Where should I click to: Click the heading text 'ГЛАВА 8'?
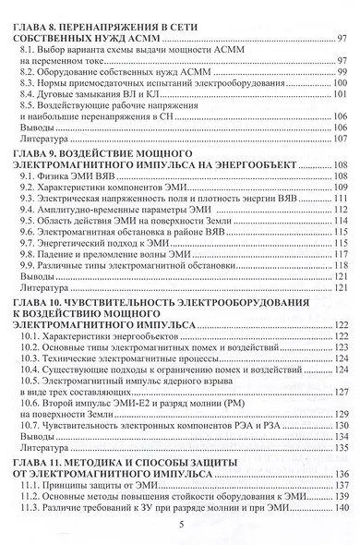[x=42, y=27]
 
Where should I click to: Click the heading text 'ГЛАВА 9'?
[x=42, y=151]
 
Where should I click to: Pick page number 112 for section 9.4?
[x=338, y=209]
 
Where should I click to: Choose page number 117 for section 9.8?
[x=338, y=254]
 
